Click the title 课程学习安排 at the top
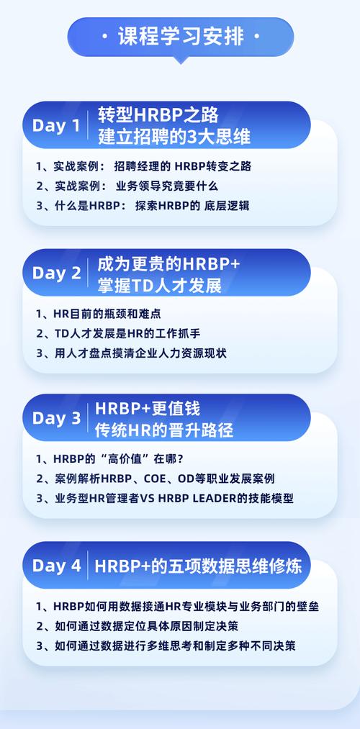point(181,37)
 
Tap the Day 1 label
point(56,125)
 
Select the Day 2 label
point(57,273)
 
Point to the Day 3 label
point(57,418)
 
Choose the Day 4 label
point(57,566)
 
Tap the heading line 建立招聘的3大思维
point(174,137)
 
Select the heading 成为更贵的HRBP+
point(168,263)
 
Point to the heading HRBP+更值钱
point(148,408)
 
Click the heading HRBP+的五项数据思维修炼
point(199,566)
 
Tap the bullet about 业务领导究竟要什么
point(127,186)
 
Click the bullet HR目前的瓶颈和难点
point(99,314)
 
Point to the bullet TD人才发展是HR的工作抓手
point(119,333)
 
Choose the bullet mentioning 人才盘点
point(132,353)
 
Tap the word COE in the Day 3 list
point(154,479)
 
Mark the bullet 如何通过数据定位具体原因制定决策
point(138,626)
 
